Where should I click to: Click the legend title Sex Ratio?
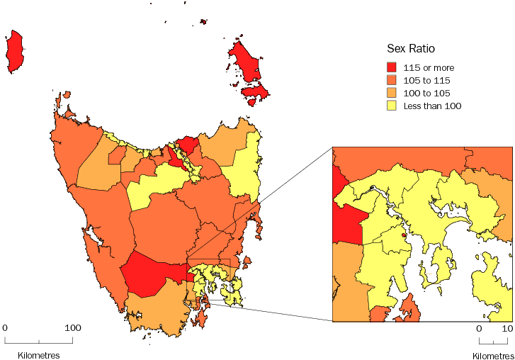point(410,49)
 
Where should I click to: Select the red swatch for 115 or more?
point(392,67)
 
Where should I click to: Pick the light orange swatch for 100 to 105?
point(392,93)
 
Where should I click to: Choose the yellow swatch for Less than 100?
point(392,106)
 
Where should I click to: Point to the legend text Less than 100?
point(432,106)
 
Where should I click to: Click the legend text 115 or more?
point(429,67)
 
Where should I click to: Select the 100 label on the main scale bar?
point(73,328)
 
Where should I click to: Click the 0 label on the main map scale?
point(5,328)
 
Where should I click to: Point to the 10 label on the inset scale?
point(507,329)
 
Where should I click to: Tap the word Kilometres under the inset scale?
point(493,354)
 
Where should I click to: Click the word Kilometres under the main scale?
point(33,354)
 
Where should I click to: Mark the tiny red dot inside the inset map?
point(404,235)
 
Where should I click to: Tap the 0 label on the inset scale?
point(479,329)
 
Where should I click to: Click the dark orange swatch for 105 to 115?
point(392,80)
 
